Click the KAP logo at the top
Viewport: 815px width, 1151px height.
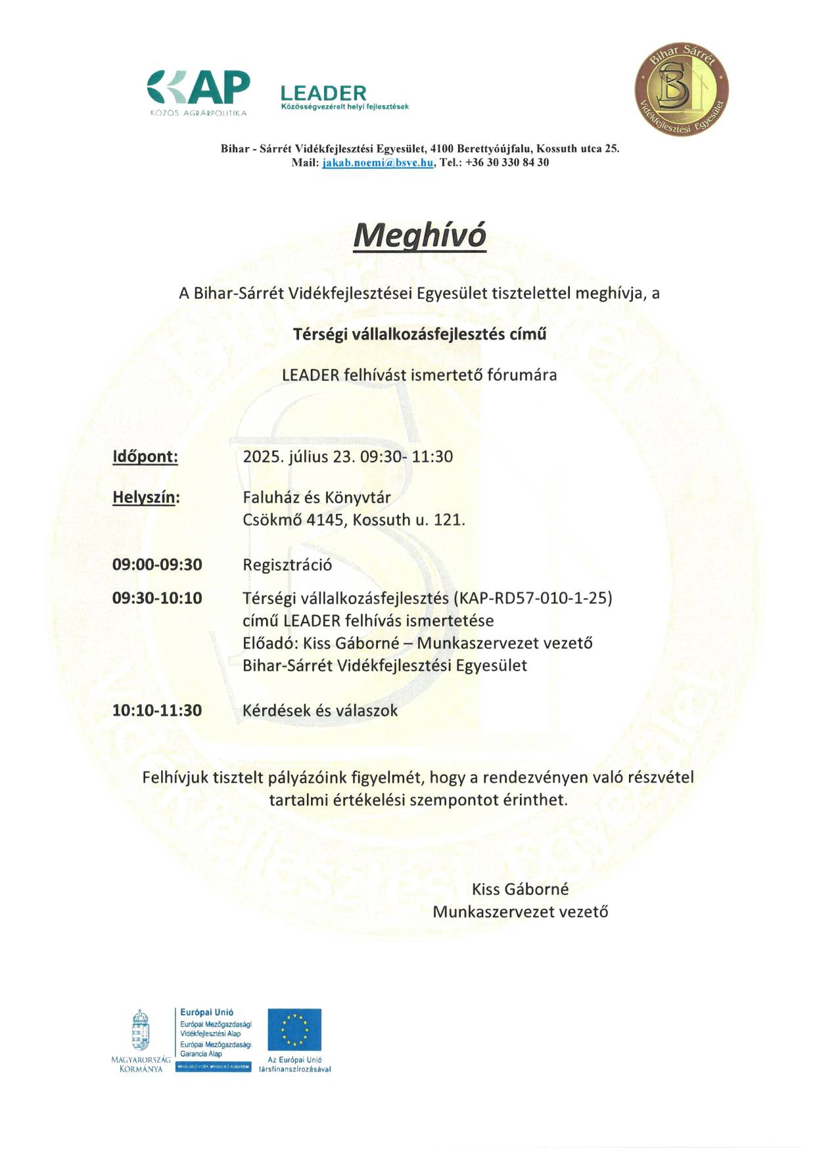tap(198, 90)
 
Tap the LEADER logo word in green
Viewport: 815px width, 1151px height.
tap(323, 93)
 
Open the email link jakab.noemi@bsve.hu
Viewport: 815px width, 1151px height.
tap(377, 163)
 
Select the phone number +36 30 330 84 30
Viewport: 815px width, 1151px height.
tap(507, 163)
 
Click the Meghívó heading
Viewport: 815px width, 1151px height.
tap(419, 235)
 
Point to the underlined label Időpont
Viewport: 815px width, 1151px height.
tap(145, 457)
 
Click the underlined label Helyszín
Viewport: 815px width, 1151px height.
tap(146, 498)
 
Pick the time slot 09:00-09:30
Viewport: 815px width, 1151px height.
tap(157, 565)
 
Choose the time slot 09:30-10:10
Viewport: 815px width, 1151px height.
tap(157, 598)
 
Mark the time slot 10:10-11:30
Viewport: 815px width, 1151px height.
tap(157, 710)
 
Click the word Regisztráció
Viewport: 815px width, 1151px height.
tap(287, 565)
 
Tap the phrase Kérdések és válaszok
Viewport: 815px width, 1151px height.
tap(320, 710)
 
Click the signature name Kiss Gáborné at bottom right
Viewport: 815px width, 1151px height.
tap(520, 890)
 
